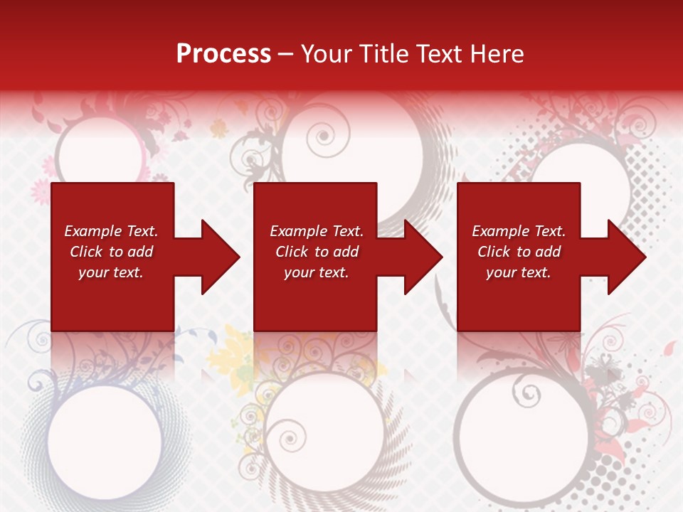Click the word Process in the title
coord(223,54)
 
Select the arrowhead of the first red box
coord(221,257)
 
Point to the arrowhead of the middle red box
coord(423,257)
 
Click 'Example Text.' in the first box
coord(111,231)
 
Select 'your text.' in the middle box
coord(316,272)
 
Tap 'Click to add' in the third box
coord(519,252)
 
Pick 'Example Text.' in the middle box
coord(316,231)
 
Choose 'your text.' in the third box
coord(519,272)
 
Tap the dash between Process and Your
coord(285,55)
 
